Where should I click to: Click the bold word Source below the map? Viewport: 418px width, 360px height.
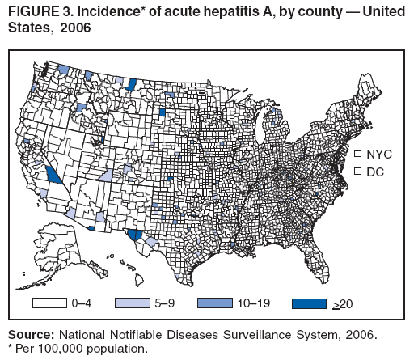(x=30, y=333)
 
